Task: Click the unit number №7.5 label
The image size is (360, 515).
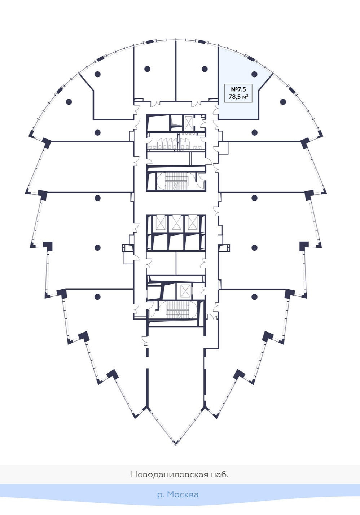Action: point(238,89)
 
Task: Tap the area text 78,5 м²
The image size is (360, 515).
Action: point(238,97)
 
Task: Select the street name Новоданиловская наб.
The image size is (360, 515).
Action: point(180,474)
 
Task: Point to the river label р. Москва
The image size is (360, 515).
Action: point(178,494)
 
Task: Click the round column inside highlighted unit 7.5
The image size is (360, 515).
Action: point(254,74)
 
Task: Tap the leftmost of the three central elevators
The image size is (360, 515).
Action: point(161,223)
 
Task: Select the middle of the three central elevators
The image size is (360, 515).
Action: point(176,223)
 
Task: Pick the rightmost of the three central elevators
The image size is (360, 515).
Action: point(191,223)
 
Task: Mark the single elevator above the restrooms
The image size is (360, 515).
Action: point(188,123)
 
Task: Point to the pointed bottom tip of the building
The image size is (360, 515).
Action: point(176,444)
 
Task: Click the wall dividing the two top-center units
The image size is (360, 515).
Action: point(176,72)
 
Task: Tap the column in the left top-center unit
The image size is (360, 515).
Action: point(147,69)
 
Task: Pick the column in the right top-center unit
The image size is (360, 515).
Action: point(205,69)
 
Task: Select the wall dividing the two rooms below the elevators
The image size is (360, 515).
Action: point(176,263)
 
